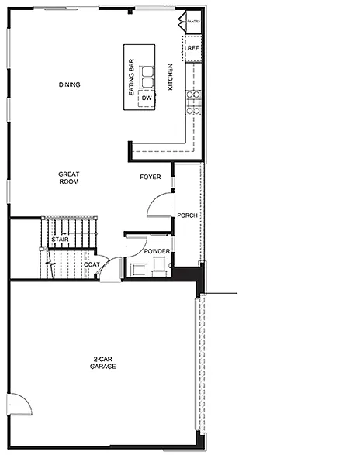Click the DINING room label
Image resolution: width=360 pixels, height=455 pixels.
70,84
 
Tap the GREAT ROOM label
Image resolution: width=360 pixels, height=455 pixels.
70,178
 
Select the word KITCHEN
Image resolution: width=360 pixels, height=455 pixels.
170,77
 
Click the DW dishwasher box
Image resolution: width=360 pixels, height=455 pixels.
146,98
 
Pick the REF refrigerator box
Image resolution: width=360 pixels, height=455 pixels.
193,48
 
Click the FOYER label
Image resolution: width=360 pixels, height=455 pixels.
151,178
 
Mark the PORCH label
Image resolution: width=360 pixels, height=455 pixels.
186,215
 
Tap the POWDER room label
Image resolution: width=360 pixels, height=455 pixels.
157,251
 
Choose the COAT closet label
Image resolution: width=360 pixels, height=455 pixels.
92,264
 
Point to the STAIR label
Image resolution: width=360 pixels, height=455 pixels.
61,240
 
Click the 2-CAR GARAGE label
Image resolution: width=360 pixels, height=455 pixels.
102,362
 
